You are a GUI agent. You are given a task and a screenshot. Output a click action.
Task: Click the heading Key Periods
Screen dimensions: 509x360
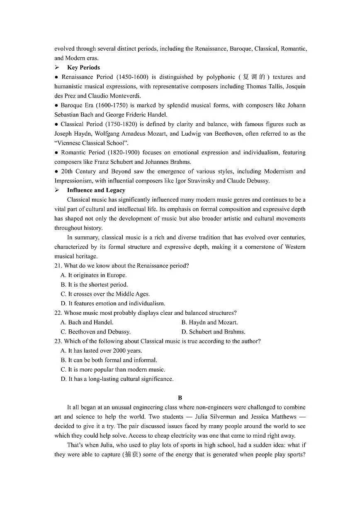click(x=83, y=68)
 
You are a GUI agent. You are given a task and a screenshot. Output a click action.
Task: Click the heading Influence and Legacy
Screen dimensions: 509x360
click(x=96, y=190)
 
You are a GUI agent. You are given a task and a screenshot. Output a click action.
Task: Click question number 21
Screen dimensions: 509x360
click(x=58, y=266)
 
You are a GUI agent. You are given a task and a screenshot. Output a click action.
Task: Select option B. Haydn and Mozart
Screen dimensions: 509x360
click(x=209, y=322)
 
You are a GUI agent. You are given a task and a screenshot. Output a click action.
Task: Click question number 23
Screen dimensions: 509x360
click(x=58, y=341)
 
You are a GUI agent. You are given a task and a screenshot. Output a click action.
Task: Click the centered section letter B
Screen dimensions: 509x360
click(x=180, y=398)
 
